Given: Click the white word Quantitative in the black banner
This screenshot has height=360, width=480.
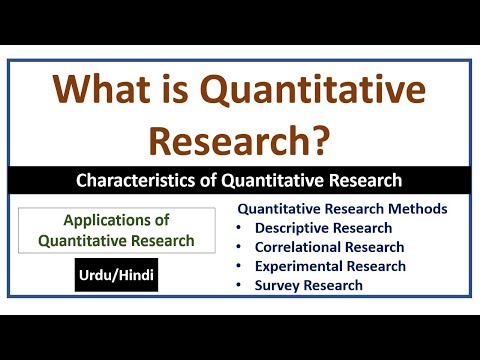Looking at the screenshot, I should pos(276,181).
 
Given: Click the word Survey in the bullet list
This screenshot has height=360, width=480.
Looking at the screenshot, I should pos(278,285).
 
